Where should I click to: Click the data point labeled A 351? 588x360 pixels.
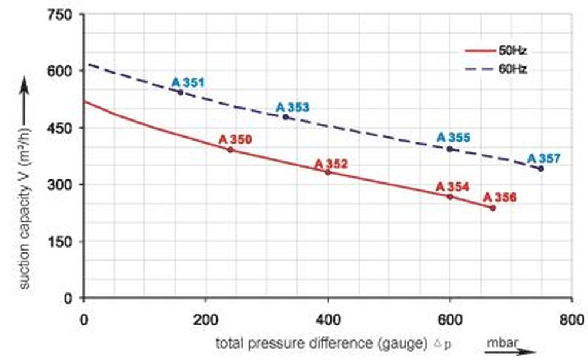tap(180, 92)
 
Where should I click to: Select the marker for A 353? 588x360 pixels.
tap(286, 117)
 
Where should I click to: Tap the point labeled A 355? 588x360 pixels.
tap(450, 149)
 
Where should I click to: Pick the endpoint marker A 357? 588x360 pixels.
tap(541, 169)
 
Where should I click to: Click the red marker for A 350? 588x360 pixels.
tap(230, 150)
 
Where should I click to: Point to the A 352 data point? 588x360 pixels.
tap(328, 172)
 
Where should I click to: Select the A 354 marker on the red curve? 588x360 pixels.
tap(450, 196)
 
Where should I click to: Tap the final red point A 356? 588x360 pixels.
tap(493, 208)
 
